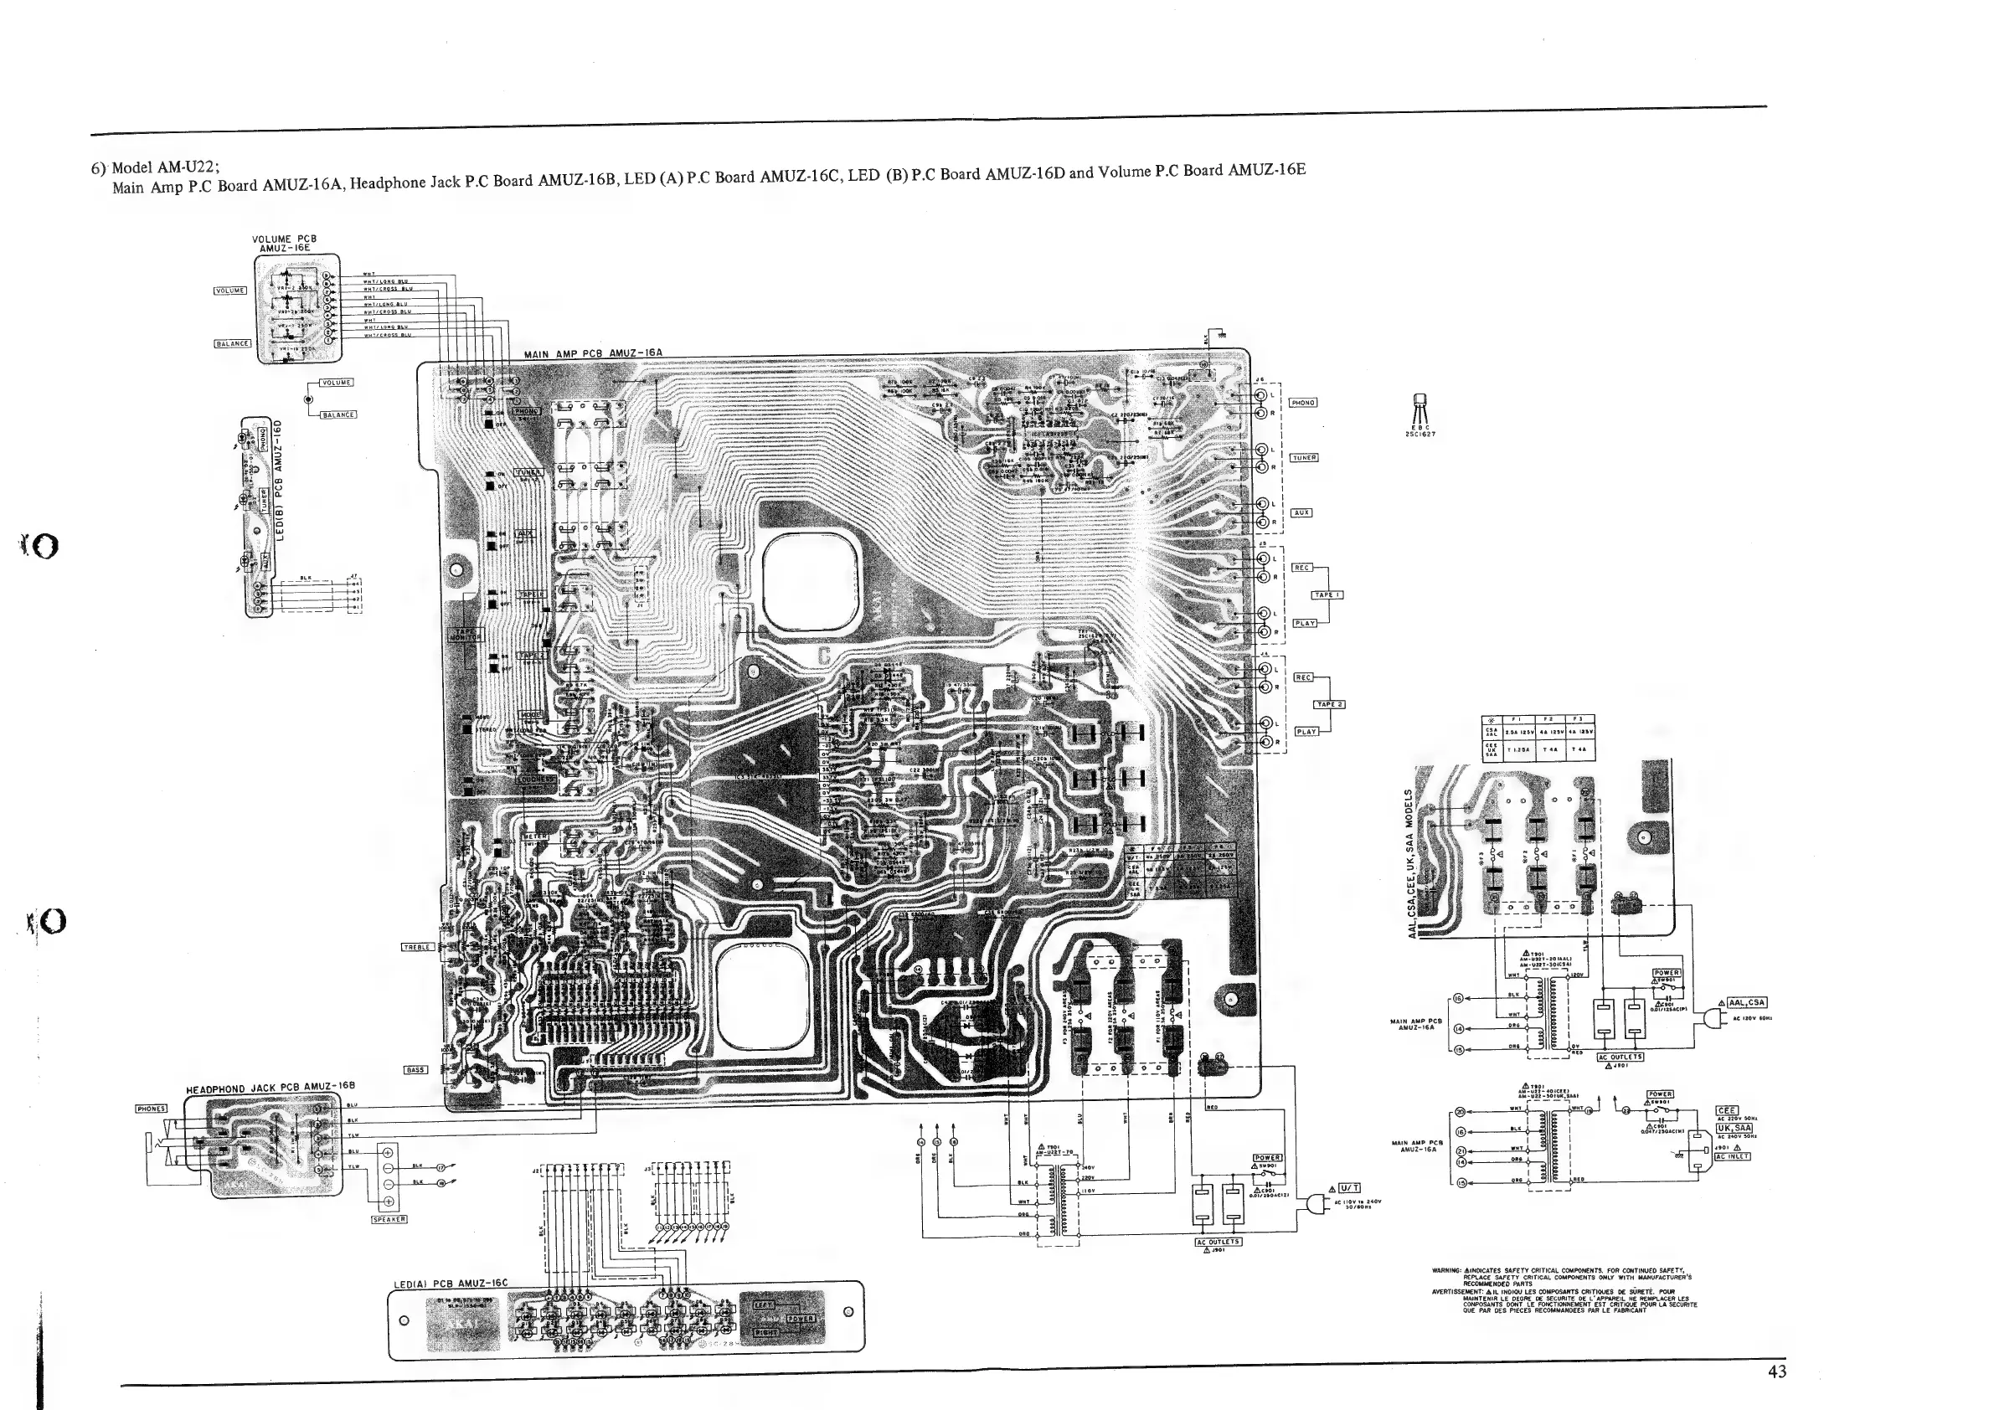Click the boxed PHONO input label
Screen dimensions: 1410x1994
[x=1303, y=403]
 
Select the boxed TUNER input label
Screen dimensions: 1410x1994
[x=1305, y=457]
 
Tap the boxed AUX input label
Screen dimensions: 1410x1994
[x=1301, y=513]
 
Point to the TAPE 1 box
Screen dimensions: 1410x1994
[x=1328, y=594]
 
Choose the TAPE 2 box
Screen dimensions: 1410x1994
[x=1329, y=704]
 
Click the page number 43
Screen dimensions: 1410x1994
[x=1777, y=1371]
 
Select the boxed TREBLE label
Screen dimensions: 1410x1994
[x=417, y=947]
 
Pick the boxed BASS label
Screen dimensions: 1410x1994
[x=415, y=1070]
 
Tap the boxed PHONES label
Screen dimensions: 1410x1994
[x=151, y=1109]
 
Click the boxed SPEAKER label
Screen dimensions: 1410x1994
[x=389, y=1219]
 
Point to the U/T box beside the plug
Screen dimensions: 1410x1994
[x=1348, y=1188]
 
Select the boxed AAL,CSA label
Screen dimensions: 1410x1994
[x=1746, y=1002]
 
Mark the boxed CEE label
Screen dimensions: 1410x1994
[x=1727, y=1110]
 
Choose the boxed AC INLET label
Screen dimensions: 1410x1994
[x=1732, y=1156]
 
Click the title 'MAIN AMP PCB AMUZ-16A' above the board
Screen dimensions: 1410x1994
[x=593, y=353]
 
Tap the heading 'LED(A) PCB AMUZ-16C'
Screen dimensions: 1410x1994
[x=451, y=1284]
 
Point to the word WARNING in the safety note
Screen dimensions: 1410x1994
[x=1446, y=1270]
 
